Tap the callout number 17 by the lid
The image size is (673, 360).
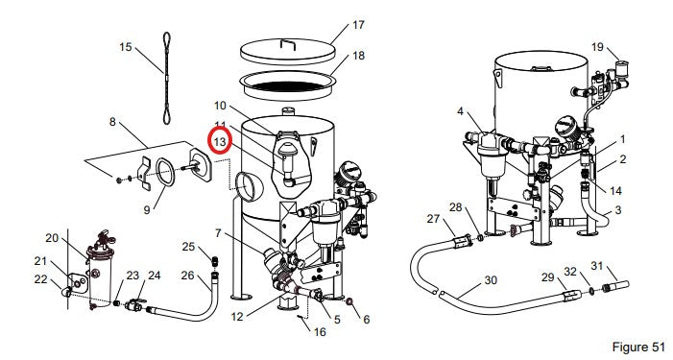click(x=358, y=25)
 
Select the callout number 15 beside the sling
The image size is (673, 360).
click(x=126, y=47)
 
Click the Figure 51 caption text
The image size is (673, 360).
click(x=638, y=347)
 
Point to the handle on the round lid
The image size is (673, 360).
click(x=288, y=43)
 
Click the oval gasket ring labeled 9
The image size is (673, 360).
click(x=165, y=172)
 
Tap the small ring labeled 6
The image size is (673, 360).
click(x=349, y=301)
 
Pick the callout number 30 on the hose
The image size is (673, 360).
click(x=491, y=280)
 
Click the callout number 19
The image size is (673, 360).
click(x=597, y=47)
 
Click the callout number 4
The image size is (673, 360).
click(x=460, y=111)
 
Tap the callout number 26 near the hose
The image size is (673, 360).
click(x=187, y=276)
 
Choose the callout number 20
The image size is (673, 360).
click(x=52, y=238)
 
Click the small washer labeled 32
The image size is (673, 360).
click(x=592, y=291)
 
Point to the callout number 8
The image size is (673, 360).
click(x=112, y=122)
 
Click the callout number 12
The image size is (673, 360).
click(x=237, y=317)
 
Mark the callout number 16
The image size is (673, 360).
click(x=320, y=332)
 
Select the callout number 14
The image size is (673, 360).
click(x=615, y=190)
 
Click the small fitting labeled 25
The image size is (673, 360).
click(x=214, y=260)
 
